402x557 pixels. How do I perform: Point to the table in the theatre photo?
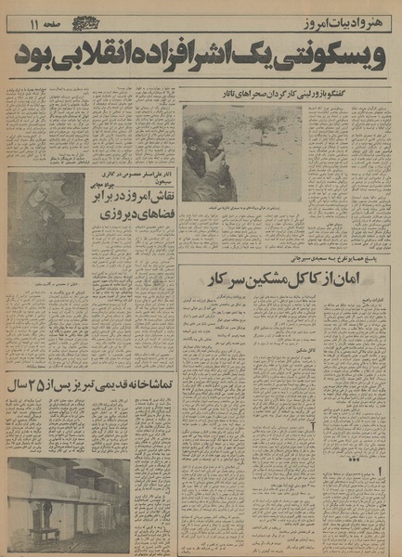[x=46, y=534]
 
